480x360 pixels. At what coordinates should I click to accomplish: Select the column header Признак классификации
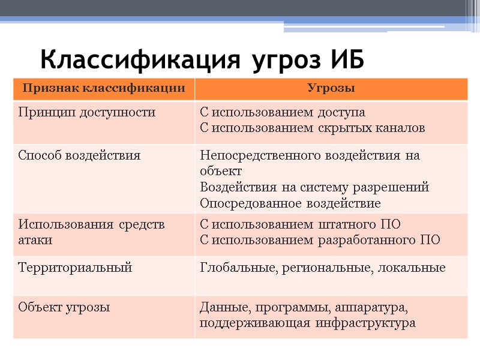click(103, 89)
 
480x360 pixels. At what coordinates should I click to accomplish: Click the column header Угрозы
click(331, 89)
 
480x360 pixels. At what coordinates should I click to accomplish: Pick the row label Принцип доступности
click(87, 112)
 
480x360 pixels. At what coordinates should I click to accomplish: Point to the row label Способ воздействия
click(80, 155)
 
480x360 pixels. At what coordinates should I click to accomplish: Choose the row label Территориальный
click(75, 268)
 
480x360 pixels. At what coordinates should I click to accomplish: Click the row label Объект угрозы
click(64, 308)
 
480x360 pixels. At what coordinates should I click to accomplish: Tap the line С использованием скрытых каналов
click(312, 128)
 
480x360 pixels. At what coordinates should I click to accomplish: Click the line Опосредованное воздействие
click(290, 203)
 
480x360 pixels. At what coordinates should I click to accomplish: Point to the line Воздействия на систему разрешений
click(314, 187)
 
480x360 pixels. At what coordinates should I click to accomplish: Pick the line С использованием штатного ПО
click(300, 225)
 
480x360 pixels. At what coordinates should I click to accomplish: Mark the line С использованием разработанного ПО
click(320, 241)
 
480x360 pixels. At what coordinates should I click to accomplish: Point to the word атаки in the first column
click(35, 241)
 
